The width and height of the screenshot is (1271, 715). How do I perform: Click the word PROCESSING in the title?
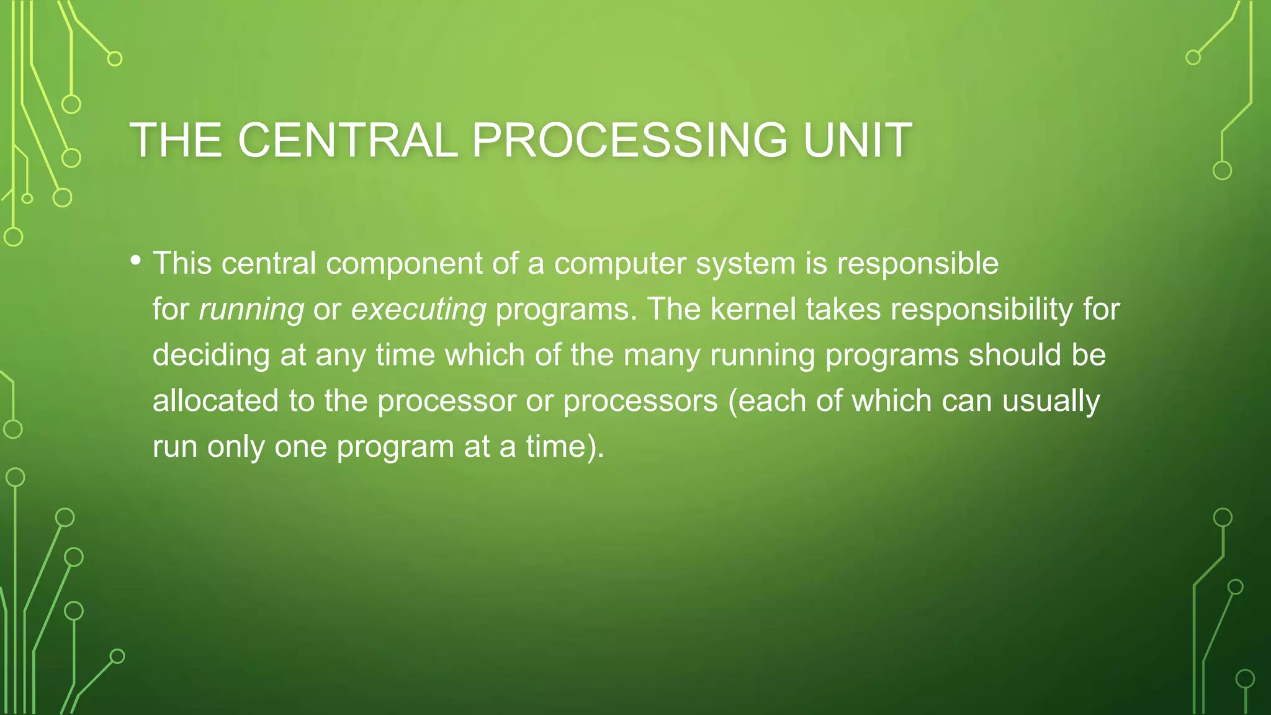[x=629, y=140]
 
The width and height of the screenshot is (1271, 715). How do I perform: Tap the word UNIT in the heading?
[x=857, y=140]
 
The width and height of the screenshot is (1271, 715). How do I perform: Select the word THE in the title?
[x=176, y=140]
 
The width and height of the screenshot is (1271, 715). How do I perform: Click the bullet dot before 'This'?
[x=135, y=261]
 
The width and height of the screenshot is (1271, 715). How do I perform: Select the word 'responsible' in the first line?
[x=918, y=264]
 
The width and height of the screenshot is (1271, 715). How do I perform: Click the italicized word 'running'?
[x=251, y=310]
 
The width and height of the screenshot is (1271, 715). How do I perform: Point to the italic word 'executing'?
[x=418, y=310]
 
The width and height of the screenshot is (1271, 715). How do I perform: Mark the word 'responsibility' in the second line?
[x=982, y=310]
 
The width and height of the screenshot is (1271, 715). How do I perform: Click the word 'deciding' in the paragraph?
[x=211, y=356]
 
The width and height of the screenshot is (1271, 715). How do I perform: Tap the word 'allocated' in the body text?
[x=215, y=400]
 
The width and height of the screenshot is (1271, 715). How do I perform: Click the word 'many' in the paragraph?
[x=662, y=356]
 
